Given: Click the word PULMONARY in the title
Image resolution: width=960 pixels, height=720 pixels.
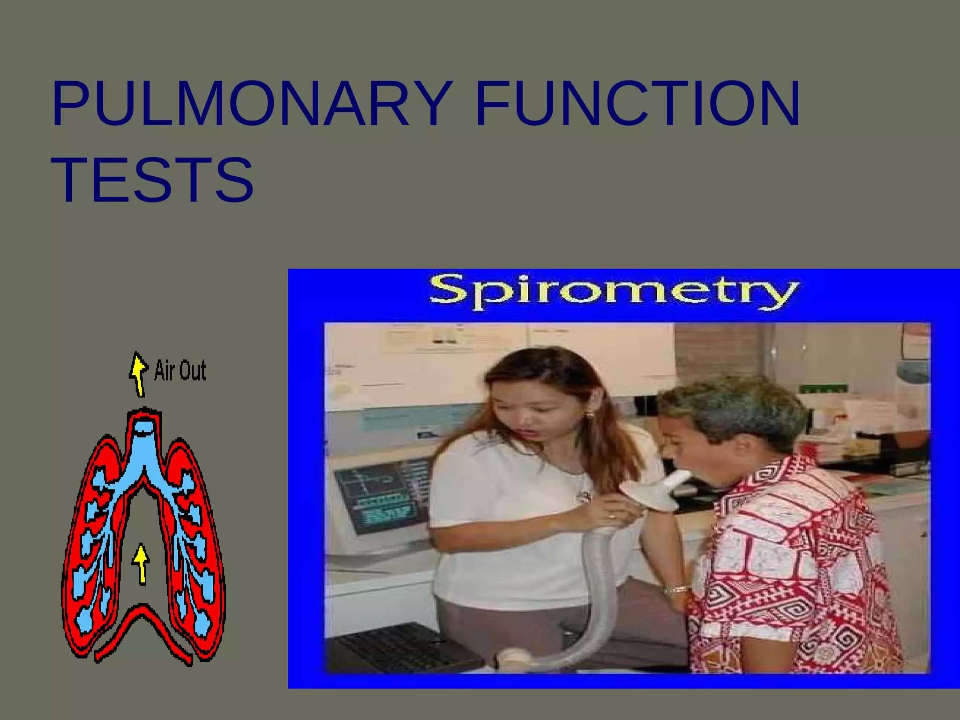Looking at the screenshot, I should pyautogui.click(x=253, y=104).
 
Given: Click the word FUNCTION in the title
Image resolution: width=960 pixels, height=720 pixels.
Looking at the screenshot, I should pyautogui.click(x=637, y=104).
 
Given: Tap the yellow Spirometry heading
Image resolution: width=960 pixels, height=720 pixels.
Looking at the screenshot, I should pyautogui.click(x=613, y=292).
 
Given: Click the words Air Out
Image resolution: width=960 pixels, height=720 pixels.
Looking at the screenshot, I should pyautogui.click(x=180, y=371).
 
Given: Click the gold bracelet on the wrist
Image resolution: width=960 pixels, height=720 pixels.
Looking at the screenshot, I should pyautogui.click(x=675, y=590).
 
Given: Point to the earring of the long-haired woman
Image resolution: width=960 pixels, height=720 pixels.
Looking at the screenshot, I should pyautogui.click(x=589, y=415).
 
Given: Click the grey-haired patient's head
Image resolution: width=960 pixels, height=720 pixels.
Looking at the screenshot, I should pyautogui.click(x=731, y=412).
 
